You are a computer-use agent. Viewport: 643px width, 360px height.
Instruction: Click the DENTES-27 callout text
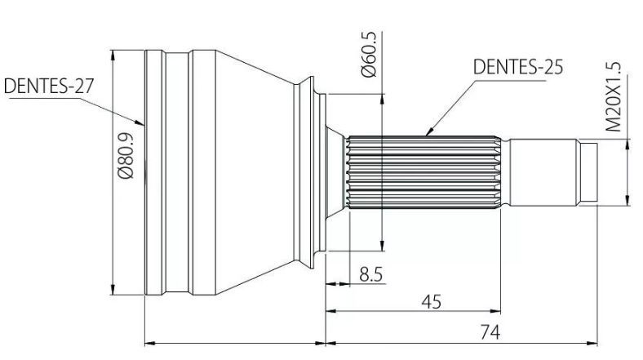click(49, 86)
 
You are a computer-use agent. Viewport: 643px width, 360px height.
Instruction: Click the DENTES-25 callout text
click(518, 67)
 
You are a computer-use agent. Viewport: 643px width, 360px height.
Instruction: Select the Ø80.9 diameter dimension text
click(126, 155)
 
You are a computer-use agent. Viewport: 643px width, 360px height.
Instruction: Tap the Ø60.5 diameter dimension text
click(369, 55)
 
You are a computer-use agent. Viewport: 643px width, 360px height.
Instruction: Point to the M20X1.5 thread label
click(614, 97)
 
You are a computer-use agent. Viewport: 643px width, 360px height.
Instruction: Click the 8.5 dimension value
click(370, 274)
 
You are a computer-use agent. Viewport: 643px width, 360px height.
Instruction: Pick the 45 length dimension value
click(432, 302)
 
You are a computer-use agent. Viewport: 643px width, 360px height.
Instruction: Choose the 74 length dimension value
click(490, 331)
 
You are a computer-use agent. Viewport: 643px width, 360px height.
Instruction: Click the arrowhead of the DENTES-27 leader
click(140, 122)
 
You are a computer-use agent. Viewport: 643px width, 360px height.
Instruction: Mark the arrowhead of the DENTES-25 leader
click(429, 131)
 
